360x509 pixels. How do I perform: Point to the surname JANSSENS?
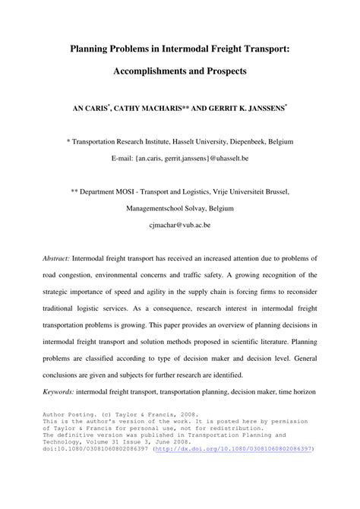pos(260,109)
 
